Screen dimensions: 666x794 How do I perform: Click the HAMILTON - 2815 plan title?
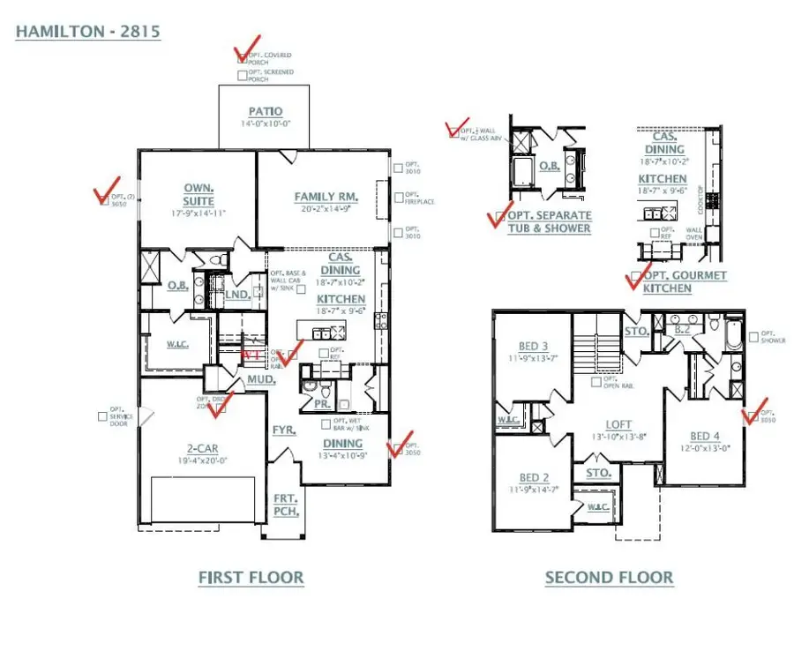click(87, 32)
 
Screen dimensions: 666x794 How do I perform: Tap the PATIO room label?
click(265, 112)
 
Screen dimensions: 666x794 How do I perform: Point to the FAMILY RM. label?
click(326, 196)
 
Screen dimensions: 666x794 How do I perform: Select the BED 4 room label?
click(704, 436)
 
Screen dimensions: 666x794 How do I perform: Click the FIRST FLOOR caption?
click(251, 578)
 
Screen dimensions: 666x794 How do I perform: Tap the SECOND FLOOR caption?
click(609, 578)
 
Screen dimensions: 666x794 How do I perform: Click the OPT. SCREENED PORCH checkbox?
click(243, 77)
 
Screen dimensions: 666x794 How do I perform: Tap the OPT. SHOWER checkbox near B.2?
click(753, 336)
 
